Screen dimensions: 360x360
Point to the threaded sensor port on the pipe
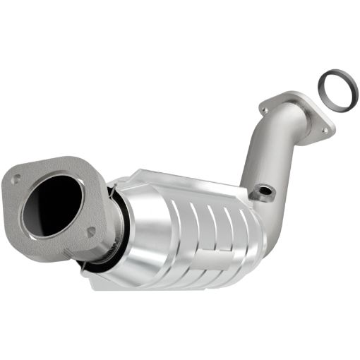pyautogui.click(x=265, y=191)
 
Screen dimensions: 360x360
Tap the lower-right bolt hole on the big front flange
pyautogui.click(x=90, y=231)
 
